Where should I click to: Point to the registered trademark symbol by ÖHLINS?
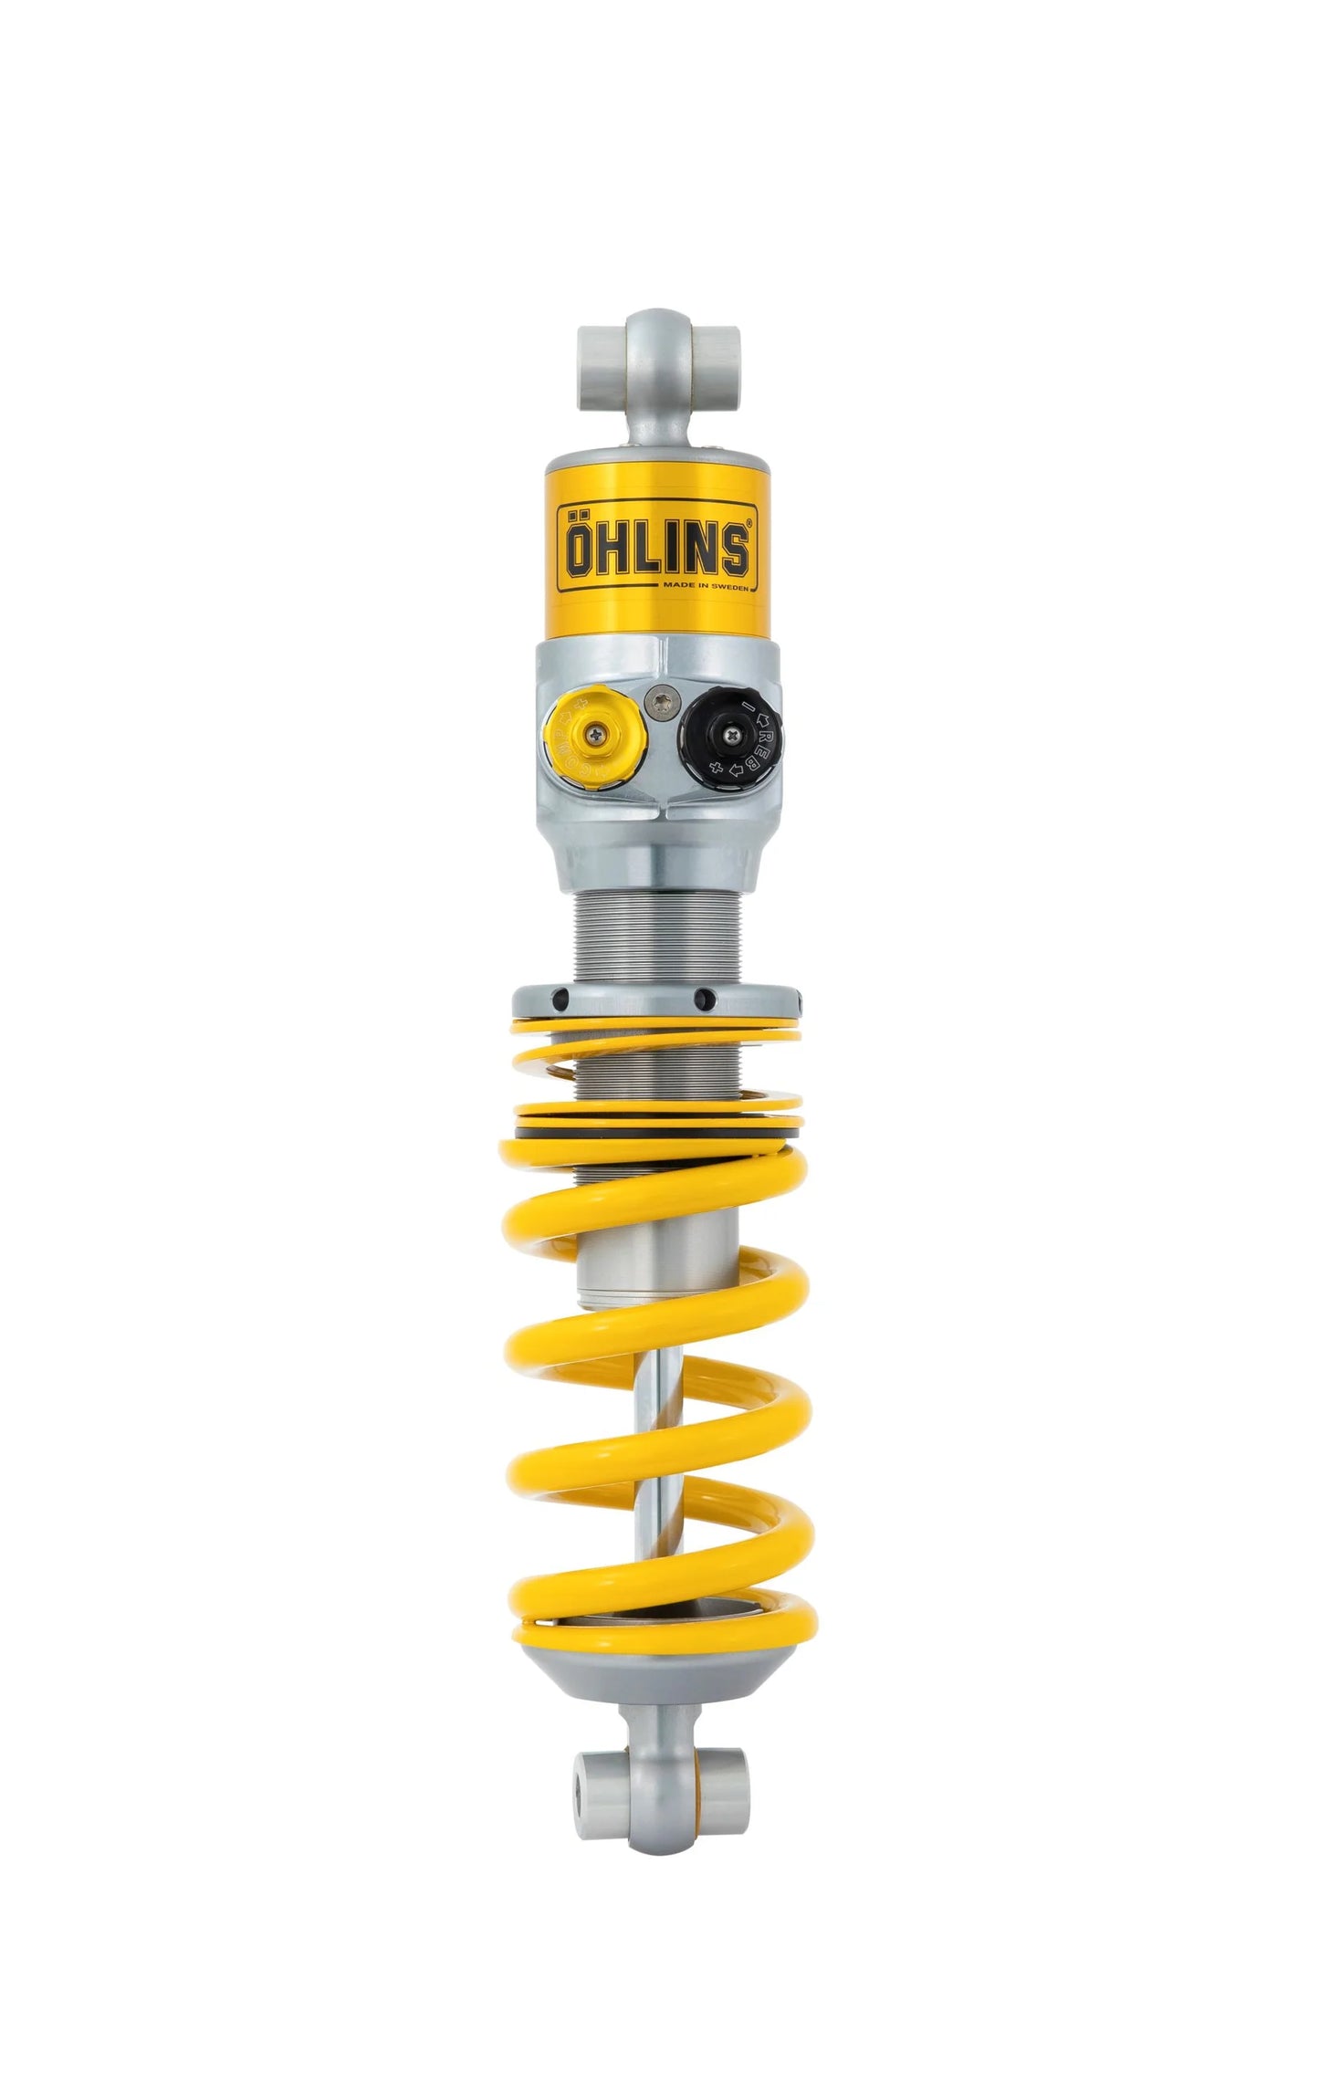tap(750, 523)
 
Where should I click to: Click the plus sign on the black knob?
tap(717, 769)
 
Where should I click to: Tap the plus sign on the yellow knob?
tap(581, 702)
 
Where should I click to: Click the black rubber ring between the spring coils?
tap(657, 1132)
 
